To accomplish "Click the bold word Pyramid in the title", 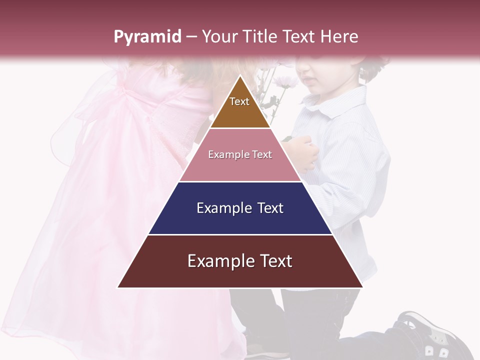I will (x=147, y=37).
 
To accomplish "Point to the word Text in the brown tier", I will (x=239, y=101).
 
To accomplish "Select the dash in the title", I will (x=191, y=37).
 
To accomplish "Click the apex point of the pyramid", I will (x=240, y=76).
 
